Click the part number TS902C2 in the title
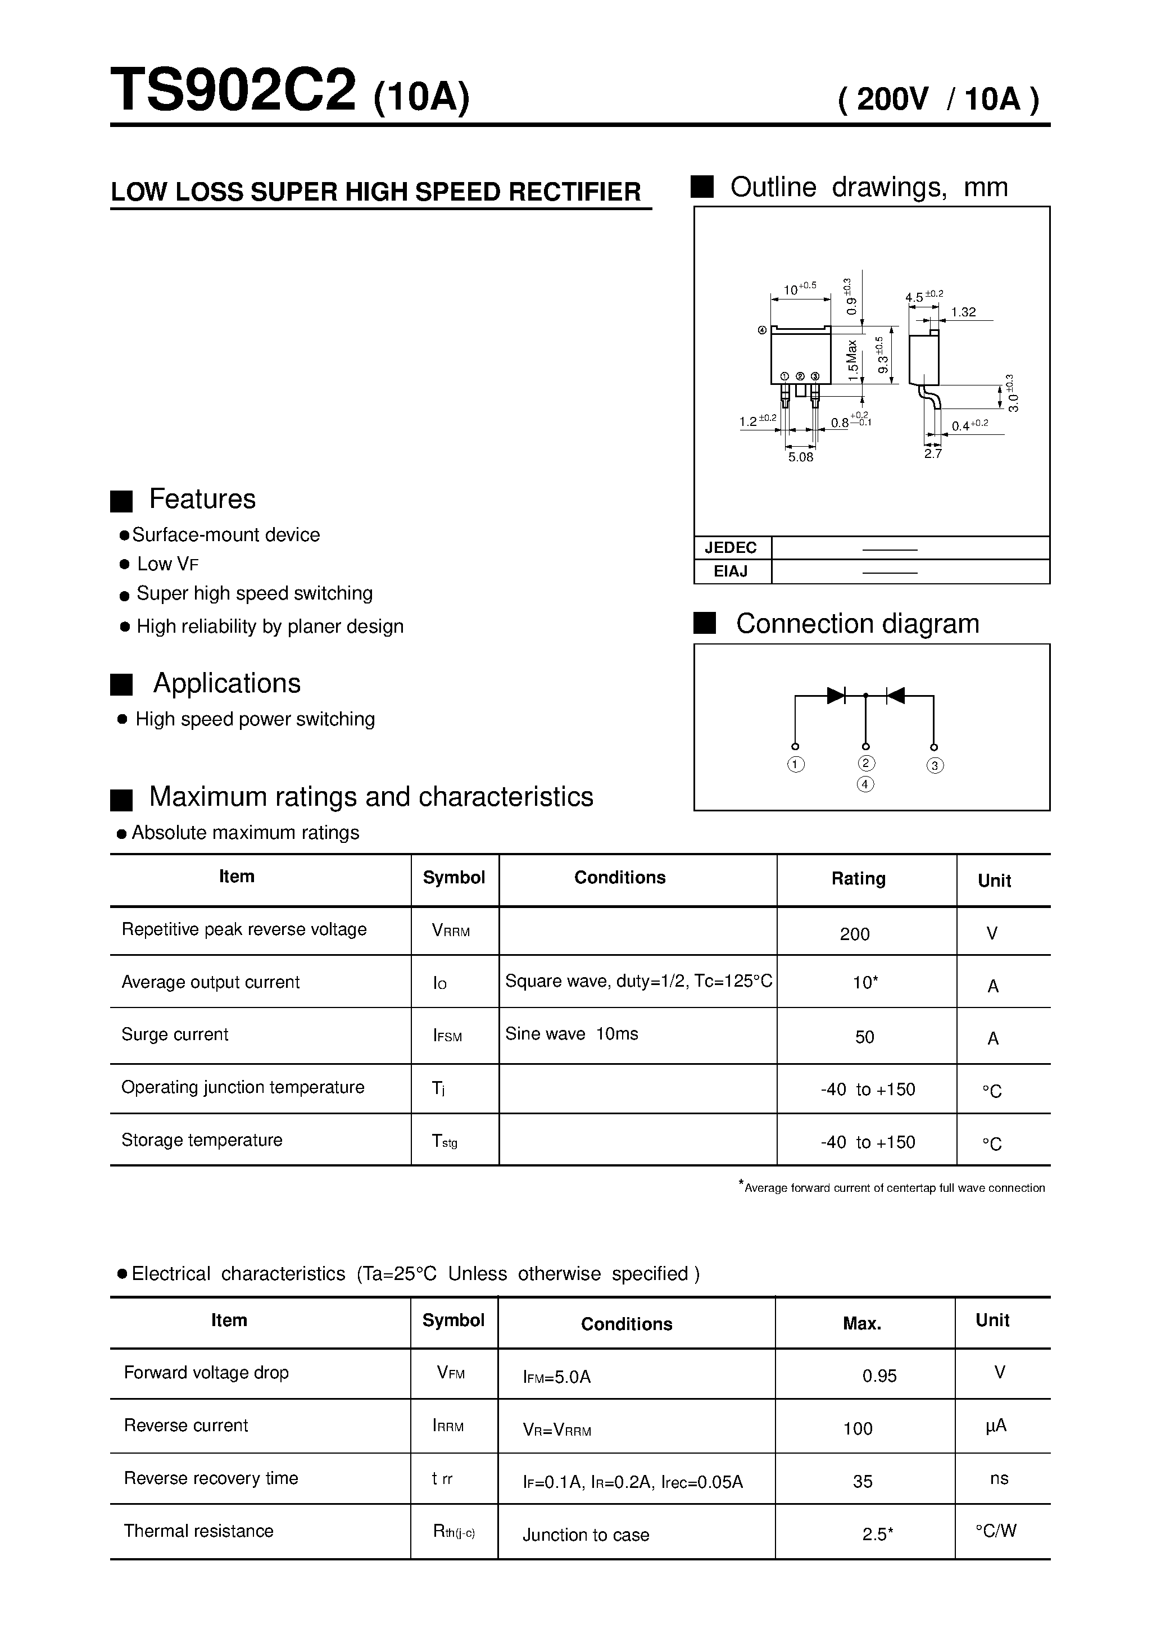233,91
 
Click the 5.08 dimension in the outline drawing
800,457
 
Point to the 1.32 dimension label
963,312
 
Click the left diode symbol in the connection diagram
835,695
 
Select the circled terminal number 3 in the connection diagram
934,766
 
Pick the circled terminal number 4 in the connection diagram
865,784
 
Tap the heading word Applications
226,683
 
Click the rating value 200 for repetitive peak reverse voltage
855,934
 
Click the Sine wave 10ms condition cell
571,1033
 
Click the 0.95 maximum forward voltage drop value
879,1376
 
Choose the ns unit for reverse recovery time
999,1478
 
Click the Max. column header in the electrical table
861,1324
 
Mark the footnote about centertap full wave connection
894,1188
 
